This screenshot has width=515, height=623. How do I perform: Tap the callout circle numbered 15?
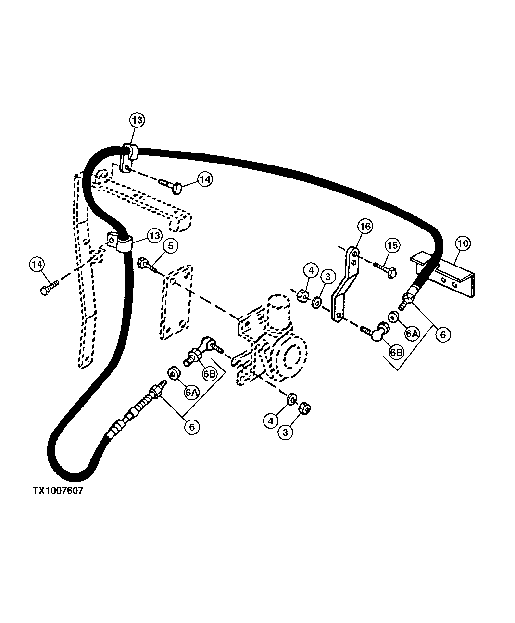[x=392, y=245]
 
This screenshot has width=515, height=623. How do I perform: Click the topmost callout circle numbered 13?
[x=137, y=120]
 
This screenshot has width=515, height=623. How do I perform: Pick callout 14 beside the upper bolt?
[x=205, y=179]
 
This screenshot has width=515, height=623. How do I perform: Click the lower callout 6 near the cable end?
[x=191, y=427]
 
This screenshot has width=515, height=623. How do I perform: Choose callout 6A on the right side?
[x=412, y=333]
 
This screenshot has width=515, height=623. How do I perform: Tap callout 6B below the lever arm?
[x=397, y=352]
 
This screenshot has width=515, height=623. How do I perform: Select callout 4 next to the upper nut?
[x=311, y=271]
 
